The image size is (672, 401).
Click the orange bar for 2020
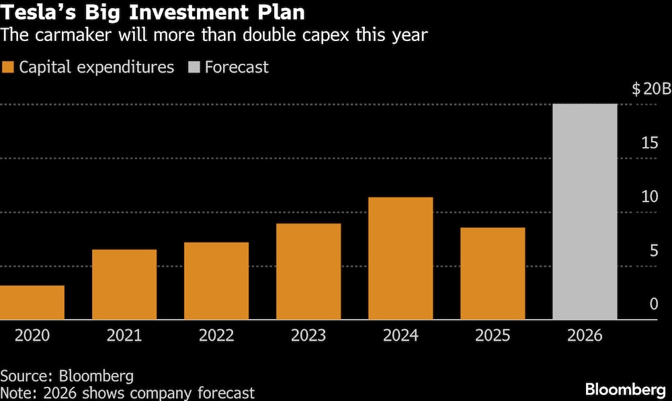32,302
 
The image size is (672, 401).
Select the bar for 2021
124,284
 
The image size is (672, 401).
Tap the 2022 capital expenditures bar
216,281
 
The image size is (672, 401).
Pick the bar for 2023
308,271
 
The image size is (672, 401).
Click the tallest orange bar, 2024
401,258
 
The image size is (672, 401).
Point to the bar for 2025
493,273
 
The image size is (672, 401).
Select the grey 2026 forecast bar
585,212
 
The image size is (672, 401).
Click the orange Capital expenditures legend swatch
8,67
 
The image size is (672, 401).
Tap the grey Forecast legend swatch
194,67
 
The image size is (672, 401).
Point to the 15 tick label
649,144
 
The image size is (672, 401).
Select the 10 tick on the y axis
649,197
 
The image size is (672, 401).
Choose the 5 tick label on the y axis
654,251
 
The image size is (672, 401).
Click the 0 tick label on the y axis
654,305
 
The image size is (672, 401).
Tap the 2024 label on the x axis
401,335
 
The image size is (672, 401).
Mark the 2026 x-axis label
585,335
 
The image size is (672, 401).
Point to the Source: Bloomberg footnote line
57,375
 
